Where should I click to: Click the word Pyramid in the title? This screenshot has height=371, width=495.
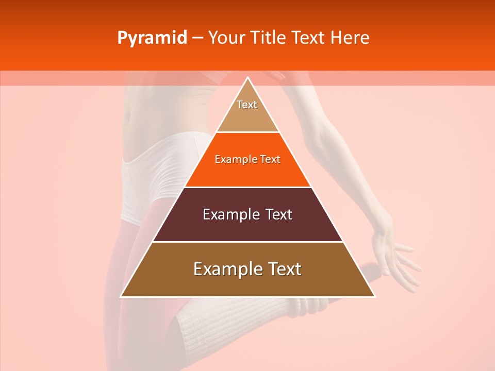click(152, 38)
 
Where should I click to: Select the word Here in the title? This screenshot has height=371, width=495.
click(350, 38)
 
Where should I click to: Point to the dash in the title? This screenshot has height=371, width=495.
click(197, 38)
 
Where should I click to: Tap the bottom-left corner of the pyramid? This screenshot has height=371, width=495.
click(122, 296)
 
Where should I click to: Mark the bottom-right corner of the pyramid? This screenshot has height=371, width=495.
click(374, 296)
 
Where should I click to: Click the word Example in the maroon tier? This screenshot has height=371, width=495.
click(225, 214)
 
